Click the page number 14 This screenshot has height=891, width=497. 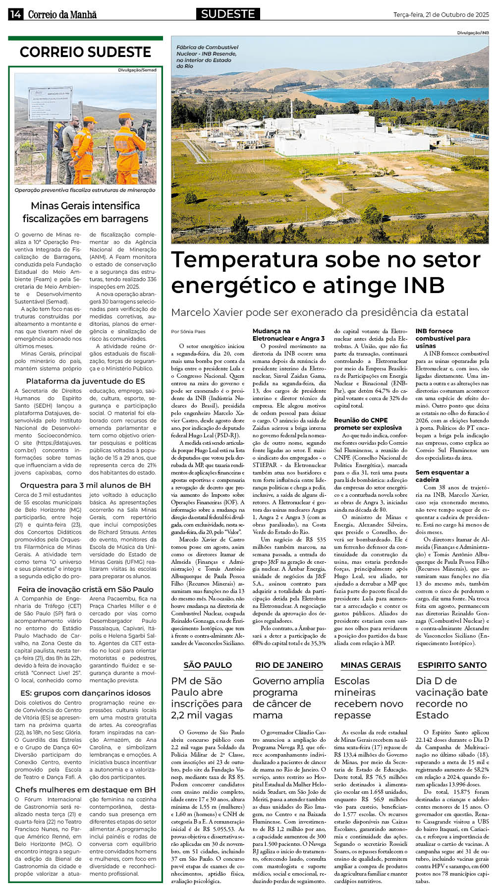point(15,14)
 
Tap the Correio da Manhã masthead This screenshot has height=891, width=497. point(62,14)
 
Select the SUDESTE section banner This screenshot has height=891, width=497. point(228,14)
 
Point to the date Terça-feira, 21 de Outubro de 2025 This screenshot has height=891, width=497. point(441,15)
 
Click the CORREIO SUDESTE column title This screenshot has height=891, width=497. point(85,52)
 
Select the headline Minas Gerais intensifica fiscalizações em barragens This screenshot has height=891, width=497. point(85,212)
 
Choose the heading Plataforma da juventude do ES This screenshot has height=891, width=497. point(85,381)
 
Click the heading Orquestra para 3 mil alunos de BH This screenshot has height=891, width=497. point(85,485)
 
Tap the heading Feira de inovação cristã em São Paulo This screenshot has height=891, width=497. point(85,589)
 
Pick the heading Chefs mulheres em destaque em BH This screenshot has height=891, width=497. point(85,789)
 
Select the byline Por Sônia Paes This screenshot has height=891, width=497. point(188,331)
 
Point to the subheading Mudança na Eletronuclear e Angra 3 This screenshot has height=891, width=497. point(288,335)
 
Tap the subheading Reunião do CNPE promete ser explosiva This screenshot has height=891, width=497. point(368,423)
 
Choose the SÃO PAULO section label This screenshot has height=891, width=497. point(208,665)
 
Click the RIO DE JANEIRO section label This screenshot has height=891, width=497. point(289,665)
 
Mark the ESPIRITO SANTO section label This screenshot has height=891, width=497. point(452,665)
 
